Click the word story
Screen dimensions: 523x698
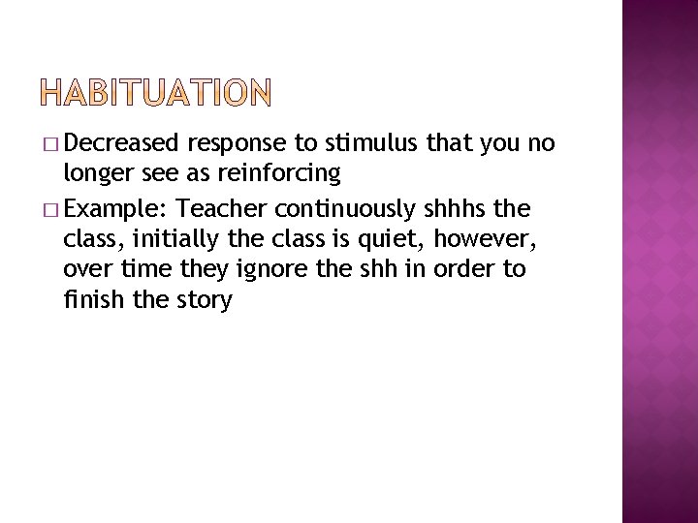click(x=204, y=300)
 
